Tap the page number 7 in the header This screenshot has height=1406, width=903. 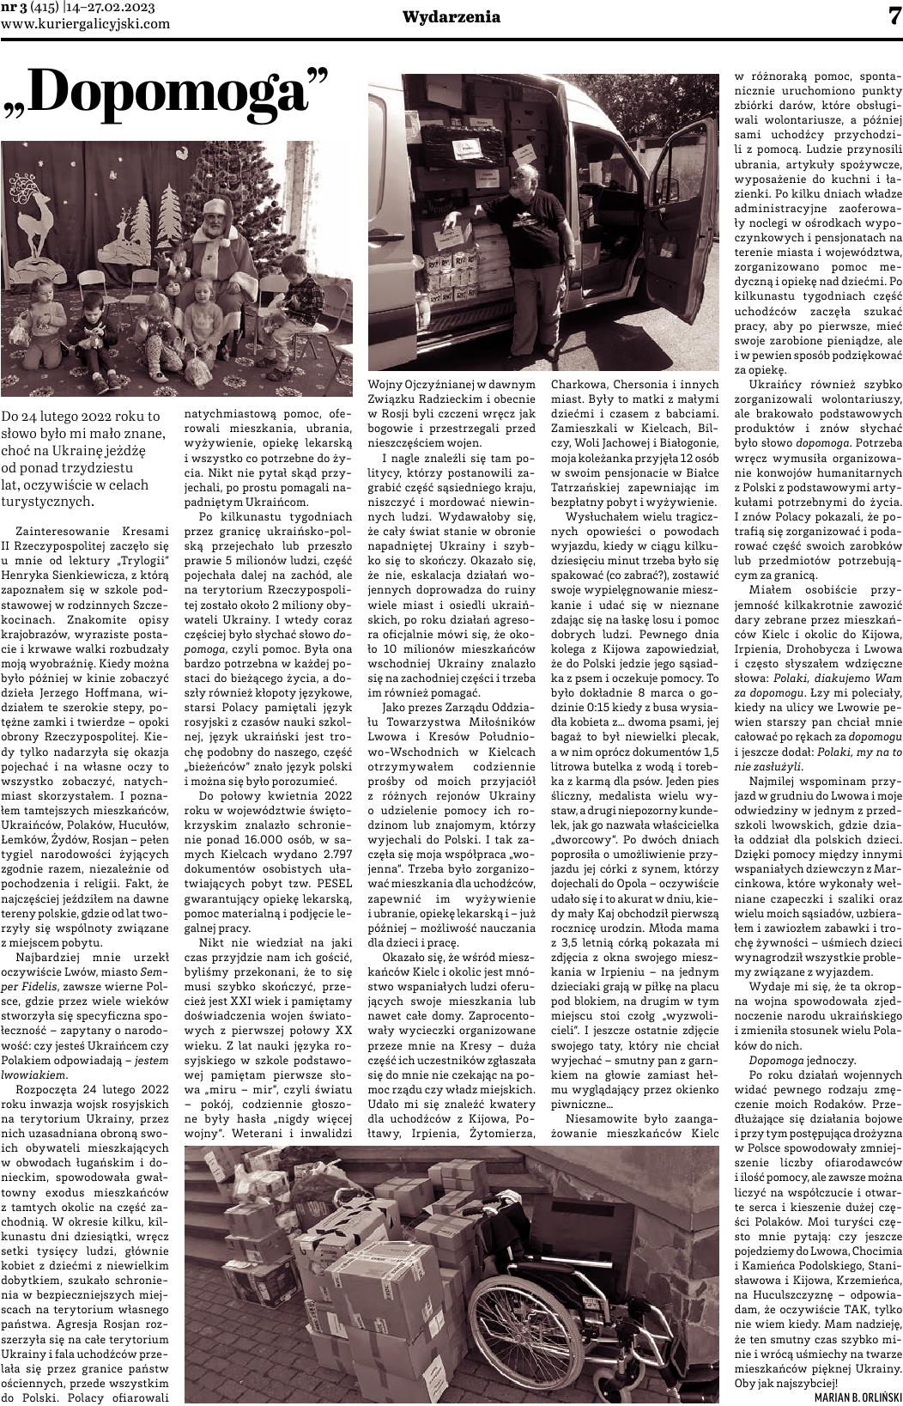pos(892,16)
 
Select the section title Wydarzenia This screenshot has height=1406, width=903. pos(451,17)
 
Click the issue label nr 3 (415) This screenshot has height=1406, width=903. pos(27,8)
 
